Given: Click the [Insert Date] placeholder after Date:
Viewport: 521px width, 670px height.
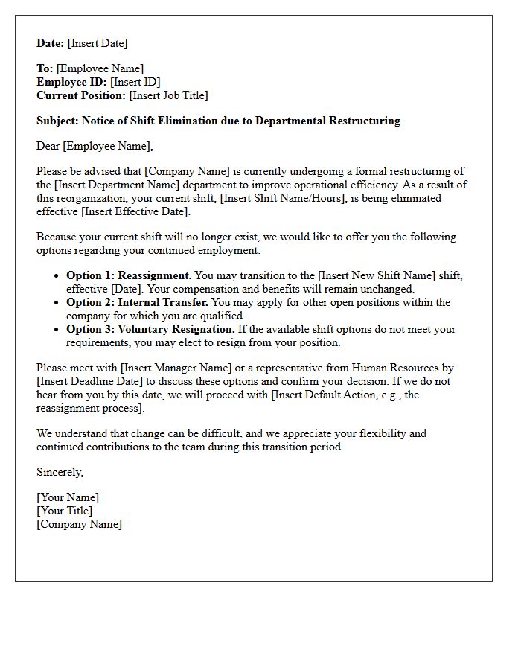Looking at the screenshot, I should coord(98,43).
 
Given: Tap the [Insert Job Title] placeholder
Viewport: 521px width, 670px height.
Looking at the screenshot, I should coord(168,95).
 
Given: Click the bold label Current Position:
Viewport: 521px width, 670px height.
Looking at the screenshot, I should coord(81,95).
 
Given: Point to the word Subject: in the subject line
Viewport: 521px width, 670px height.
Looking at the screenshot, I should coord(58,121).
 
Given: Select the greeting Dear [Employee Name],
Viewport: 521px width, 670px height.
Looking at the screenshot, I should coord(95,146).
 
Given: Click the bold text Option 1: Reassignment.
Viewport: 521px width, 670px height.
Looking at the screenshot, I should coord(129,275).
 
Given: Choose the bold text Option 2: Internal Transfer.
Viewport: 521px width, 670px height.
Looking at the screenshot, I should coord(138,302).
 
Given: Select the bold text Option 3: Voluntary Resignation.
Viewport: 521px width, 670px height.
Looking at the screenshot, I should coord(150,329).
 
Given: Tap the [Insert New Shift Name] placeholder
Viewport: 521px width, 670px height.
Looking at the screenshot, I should coord(377,275).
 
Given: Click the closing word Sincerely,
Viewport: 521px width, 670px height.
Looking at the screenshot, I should coord(60,472).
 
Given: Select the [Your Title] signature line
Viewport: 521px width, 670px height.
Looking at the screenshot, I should coord(65,511).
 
